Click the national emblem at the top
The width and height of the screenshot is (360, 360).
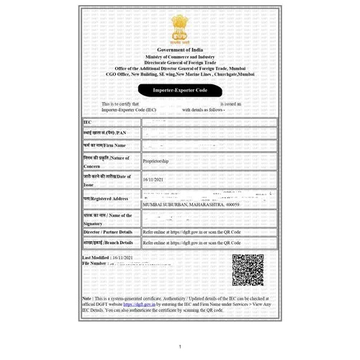(x=179, y=30)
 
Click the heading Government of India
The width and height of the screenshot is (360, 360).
(x=179, y=48)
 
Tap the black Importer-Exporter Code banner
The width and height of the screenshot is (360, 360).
(x=179, y=91)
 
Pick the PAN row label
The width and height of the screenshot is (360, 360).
(x=104, y=133)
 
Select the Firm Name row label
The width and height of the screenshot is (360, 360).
(x=105, y=146)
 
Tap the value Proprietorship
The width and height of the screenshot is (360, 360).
(x=161, y=163)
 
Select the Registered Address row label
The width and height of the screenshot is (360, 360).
(x=106, y=198)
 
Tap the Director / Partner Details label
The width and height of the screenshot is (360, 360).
(x=108, y=233)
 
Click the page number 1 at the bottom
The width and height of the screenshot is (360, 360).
(x=180, y=347)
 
